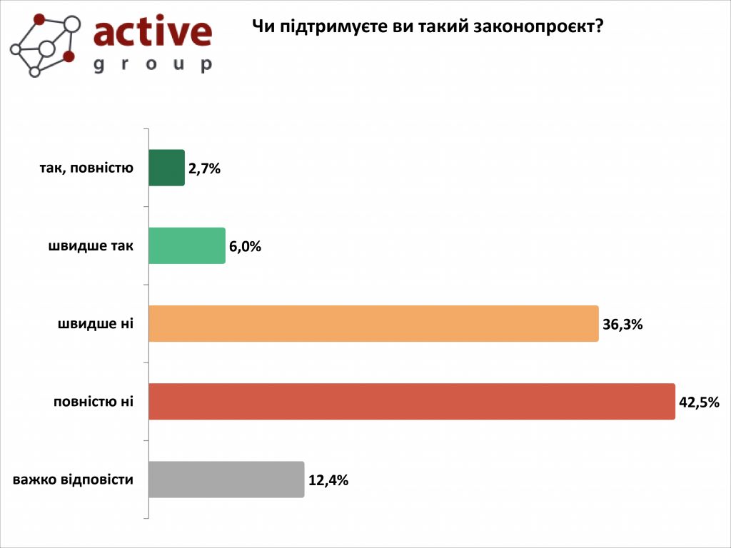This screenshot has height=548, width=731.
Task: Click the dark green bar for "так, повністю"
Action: (166, 168)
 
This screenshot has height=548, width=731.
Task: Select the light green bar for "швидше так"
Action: (187, 245)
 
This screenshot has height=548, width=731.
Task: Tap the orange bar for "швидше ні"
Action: (373, 324)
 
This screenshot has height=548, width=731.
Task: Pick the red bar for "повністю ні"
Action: (412, 402)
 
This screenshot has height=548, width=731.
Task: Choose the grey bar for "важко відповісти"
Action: (226, 479)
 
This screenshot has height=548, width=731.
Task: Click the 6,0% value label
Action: (246, 247)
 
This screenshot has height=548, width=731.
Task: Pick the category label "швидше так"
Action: (91, 246)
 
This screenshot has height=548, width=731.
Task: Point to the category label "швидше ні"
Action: (96, 324)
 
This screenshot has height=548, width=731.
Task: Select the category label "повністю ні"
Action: (94, 402)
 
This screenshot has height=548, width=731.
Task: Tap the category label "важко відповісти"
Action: (74, 479)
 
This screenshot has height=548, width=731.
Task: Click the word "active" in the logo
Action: (153, 33)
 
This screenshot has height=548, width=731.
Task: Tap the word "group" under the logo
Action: (153, 65)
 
